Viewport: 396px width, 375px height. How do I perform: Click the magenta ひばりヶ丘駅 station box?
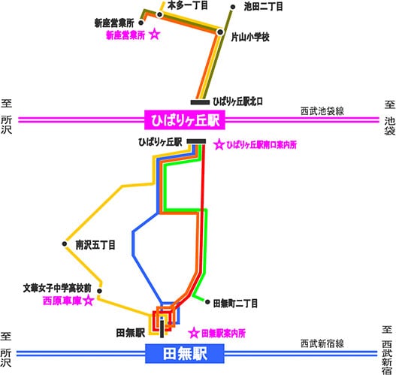pos(185,119)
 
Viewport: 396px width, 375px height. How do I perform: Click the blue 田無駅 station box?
pos(185,353)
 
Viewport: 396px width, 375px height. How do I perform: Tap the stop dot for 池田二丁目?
pos(233,8)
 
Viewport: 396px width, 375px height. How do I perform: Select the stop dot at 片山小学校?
pos(220,32)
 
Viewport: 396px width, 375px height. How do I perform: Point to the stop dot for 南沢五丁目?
pos(65,244)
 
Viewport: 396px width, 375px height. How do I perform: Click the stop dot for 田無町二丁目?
pos(207,302)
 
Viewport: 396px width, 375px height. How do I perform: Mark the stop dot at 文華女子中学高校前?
pos(99,291)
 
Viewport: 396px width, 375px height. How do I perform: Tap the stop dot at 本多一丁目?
pos(159,15)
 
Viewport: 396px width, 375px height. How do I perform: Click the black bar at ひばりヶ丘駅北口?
pos(200,102)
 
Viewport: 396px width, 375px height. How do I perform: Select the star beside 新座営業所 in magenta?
pos(155,35)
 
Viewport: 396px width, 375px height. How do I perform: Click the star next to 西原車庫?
pos(89,301)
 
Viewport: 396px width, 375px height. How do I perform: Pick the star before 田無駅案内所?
pos(194,333)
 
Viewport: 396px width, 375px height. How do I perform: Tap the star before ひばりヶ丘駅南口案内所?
pos(219,144)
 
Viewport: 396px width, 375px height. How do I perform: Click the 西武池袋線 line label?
pos(322,111)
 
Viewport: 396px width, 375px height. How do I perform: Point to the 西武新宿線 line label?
pos(322,343)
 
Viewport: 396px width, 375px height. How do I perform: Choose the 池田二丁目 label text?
pos(263,7)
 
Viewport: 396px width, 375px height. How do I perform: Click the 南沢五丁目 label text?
pos(95,245)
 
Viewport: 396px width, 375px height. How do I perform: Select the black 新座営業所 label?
pos(114,23)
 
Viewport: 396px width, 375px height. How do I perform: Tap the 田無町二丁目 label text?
pos(235,303)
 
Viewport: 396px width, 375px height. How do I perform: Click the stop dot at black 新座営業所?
pos(141,23)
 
